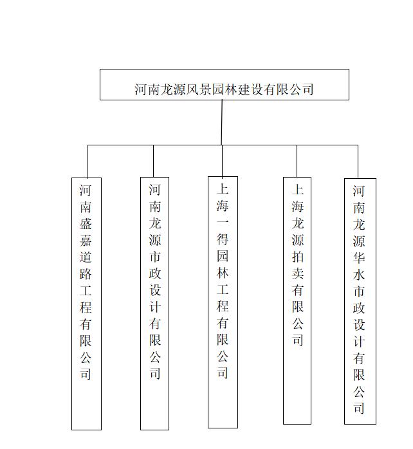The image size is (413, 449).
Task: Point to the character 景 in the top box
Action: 206,89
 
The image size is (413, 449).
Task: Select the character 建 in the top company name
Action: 244,89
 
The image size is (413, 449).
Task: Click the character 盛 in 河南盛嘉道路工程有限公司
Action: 86,224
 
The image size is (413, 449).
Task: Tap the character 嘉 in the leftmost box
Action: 86,240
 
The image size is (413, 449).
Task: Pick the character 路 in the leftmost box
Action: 86,274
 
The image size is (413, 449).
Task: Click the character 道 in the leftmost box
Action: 86,257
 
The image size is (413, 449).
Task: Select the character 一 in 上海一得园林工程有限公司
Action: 223,222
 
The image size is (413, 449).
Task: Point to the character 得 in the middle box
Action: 223,239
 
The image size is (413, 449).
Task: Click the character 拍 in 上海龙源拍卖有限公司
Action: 298,257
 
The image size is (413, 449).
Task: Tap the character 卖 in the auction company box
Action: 298,273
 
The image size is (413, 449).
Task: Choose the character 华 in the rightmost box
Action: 359,258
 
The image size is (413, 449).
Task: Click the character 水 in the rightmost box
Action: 359,275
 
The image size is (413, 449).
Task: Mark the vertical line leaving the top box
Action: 222,122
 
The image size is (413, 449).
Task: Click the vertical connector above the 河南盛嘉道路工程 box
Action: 87,161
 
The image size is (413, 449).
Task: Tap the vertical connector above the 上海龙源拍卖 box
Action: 297,161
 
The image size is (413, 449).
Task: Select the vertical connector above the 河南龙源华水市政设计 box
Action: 358,162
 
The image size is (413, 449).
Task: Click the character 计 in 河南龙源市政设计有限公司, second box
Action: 155,307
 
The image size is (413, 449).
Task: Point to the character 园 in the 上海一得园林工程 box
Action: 223,256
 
